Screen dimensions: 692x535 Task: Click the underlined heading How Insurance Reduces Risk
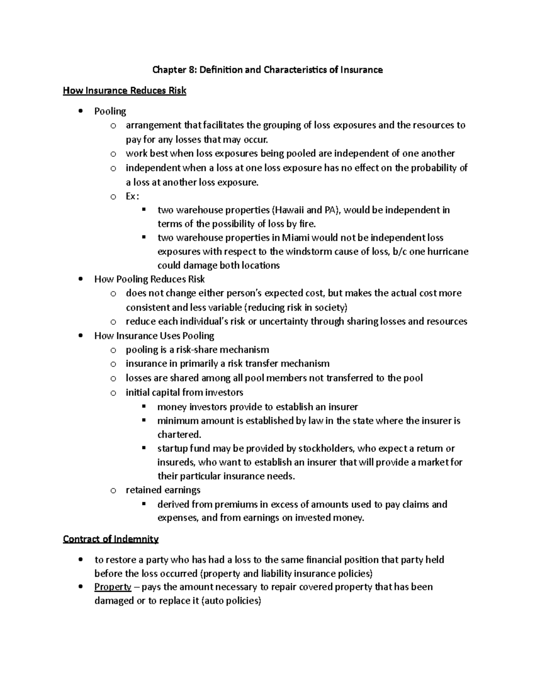pos(124,91)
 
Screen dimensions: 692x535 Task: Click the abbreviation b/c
pos(399,251)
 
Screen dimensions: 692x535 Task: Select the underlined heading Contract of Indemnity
pos(111,539)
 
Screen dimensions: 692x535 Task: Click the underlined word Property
pos(112,587)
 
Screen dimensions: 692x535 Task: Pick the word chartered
pos(179,434)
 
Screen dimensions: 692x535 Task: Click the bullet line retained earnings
pos(163,490)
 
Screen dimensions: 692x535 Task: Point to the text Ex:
pos(132,196)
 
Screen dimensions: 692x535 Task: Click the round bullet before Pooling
pos(80,111)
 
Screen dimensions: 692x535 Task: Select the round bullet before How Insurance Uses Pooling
pos(80,336)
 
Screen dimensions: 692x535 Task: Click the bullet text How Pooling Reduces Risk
pos(149,279)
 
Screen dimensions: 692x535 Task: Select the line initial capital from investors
pos(184,393)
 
